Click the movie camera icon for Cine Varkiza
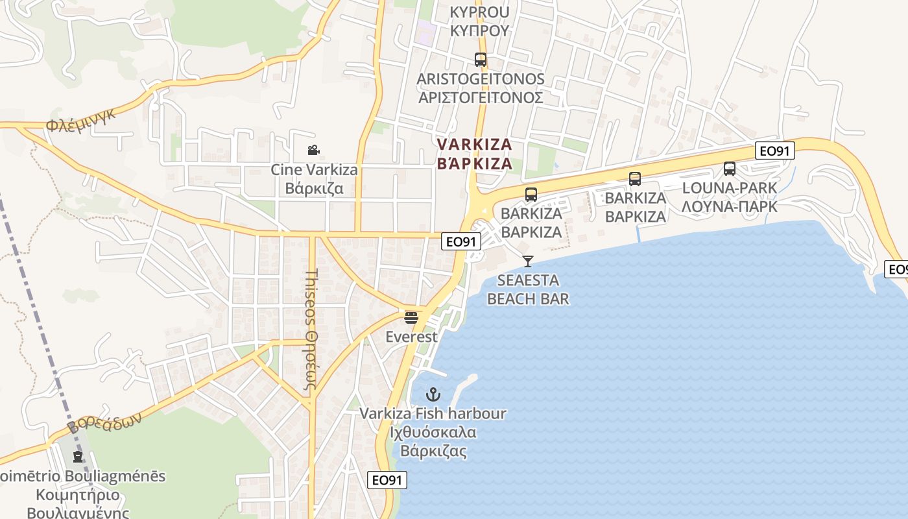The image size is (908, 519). tap(313, 151)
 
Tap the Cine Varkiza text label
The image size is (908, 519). tap(314, 180)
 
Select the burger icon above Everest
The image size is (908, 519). tap(411, 317)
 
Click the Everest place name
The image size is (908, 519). tap(411, 337)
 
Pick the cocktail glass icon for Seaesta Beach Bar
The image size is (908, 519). tap(528, 261)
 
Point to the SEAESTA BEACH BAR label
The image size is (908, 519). tap(528, 289)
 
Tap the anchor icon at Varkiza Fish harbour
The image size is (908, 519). tap(433, 394)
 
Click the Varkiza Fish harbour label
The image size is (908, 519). tap(433, 432)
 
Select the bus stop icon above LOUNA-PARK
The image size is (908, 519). tap(730, 169)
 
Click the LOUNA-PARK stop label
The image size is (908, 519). tap(729, 197)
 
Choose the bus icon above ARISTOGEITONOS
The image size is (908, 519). tap(480, 60)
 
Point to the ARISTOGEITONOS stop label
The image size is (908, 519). tap(480, 88)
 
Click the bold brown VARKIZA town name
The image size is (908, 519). tap(475, 154)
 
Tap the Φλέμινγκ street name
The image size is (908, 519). tap(81, 119)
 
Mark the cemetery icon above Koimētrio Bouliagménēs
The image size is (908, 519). tap(78, 457)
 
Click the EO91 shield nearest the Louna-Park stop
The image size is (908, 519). tap(775, 151)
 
